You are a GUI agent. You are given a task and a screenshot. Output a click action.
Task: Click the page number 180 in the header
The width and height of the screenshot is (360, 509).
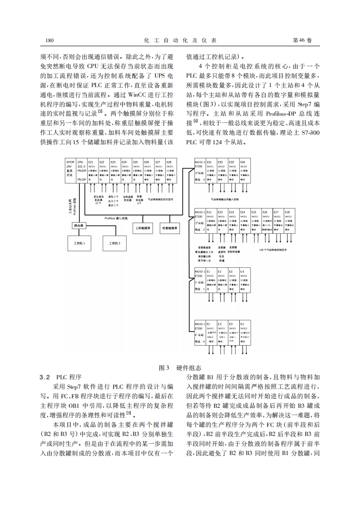click(50, 40)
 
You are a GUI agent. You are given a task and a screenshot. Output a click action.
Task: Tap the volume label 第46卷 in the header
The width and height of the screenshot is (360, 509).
click(302, 40)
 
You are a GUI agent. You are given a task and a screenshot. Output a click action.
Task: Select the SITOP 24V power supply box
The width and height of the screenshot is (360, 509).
click(70, 171)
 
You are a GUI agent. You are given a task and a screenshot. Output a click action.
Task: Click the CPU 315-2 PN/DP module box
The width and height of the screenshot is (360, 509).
click(81, 171)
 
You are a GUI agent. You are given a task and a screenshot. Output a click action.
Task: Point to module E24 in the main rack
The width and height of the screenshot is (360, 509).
click(126, 171)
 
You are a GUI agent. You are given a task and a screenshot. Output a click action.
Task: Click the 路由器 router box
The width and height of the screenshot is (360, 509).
click(77, 225)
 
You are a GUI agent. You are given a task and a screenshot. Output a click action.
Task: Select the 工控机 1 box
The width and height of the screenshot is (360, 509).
click(79, 243)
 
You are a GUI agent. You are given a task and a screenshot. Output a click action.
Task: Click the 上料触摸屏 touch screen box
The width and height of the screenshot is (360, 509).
click(143, 228)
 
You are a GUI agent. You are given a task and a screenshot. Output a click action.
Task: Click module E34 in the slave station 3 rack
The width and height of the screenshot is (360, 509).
click(245, 171)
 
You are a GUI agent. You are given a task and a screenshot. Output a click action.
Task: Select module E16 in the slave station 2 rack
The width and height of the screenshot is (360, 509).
click(267, 220)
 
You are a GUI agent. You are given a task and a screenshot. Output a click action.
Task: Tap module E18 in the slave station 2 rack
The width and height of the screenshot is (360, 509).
click(289, 220)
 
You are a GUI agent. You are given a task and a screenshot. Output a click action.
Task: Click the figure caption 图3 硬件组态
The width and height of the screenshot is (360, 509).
click(180, 368)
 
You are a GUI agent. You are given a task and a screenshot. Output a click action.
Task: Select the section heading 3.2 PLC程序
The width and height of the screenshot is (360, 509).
click(60, 377)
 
